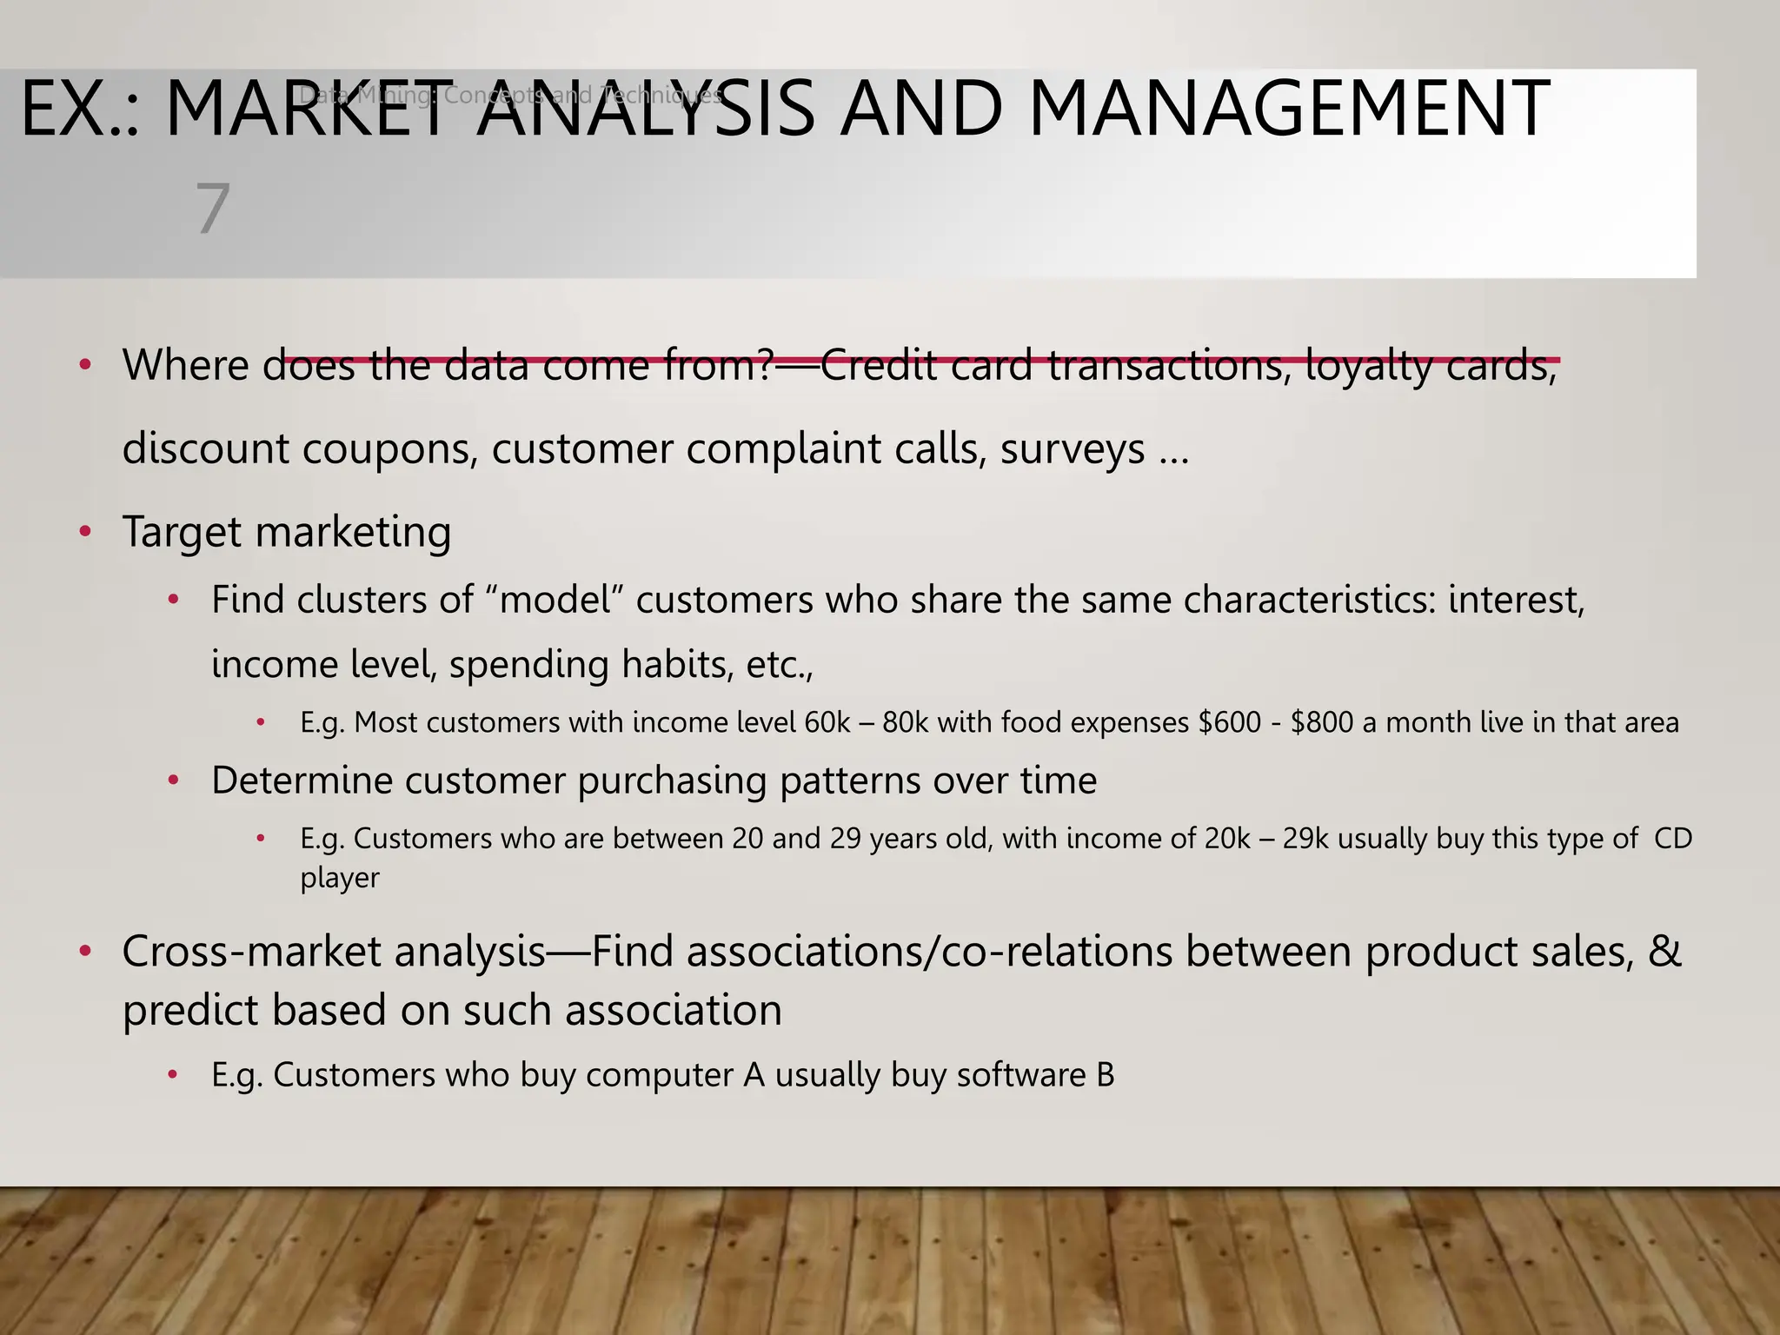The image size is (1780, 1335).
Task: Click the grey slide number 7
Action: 212,209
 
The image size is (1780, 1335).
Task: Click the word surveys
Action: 1073,449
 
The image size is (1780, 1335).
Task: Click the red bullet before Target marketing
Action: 85,531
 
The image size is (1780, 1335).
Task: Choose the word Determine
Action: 301,780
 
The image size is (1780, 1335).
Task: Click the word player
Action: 339,879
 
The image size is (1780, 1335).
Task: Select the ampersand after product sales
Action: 1664,951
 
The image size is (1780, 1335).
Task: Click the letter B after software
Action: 1105,1076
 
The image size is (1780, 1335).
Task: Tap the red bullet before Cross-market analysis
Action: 85,952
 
